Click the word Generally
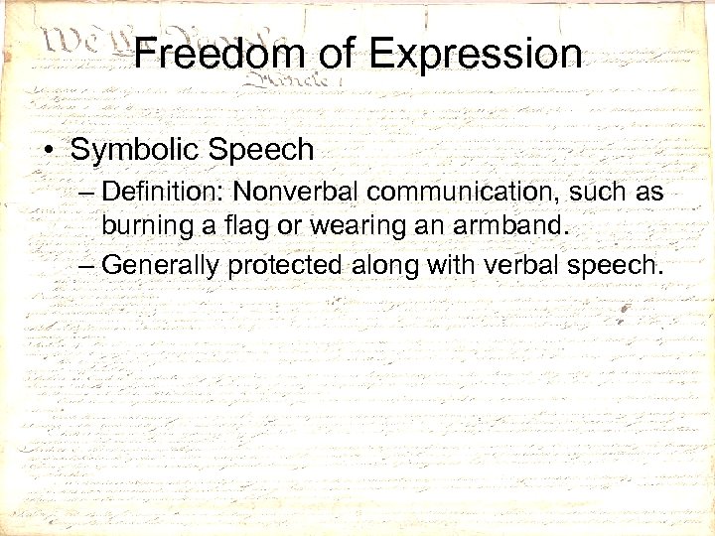click(161, 265)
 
